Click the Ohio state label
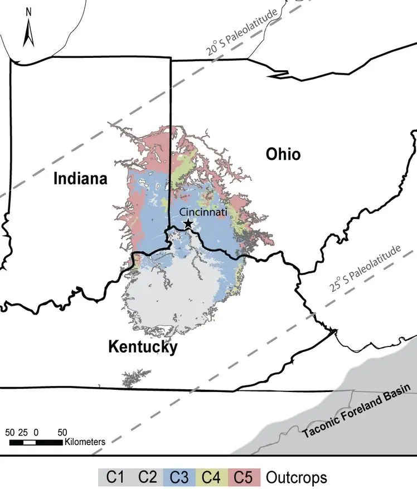tap(283, 154)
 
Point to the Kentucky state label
tap(143, 347)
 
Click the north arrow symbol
tap(28, 35)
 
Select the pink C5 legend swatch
tap(245, 477)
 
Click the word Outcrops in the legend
tap(296, 477)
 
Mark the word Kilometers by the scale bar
tap(85, 442)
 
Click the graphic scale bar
tap(36, 442)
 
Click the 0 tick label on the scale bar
tap(36, 432)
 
